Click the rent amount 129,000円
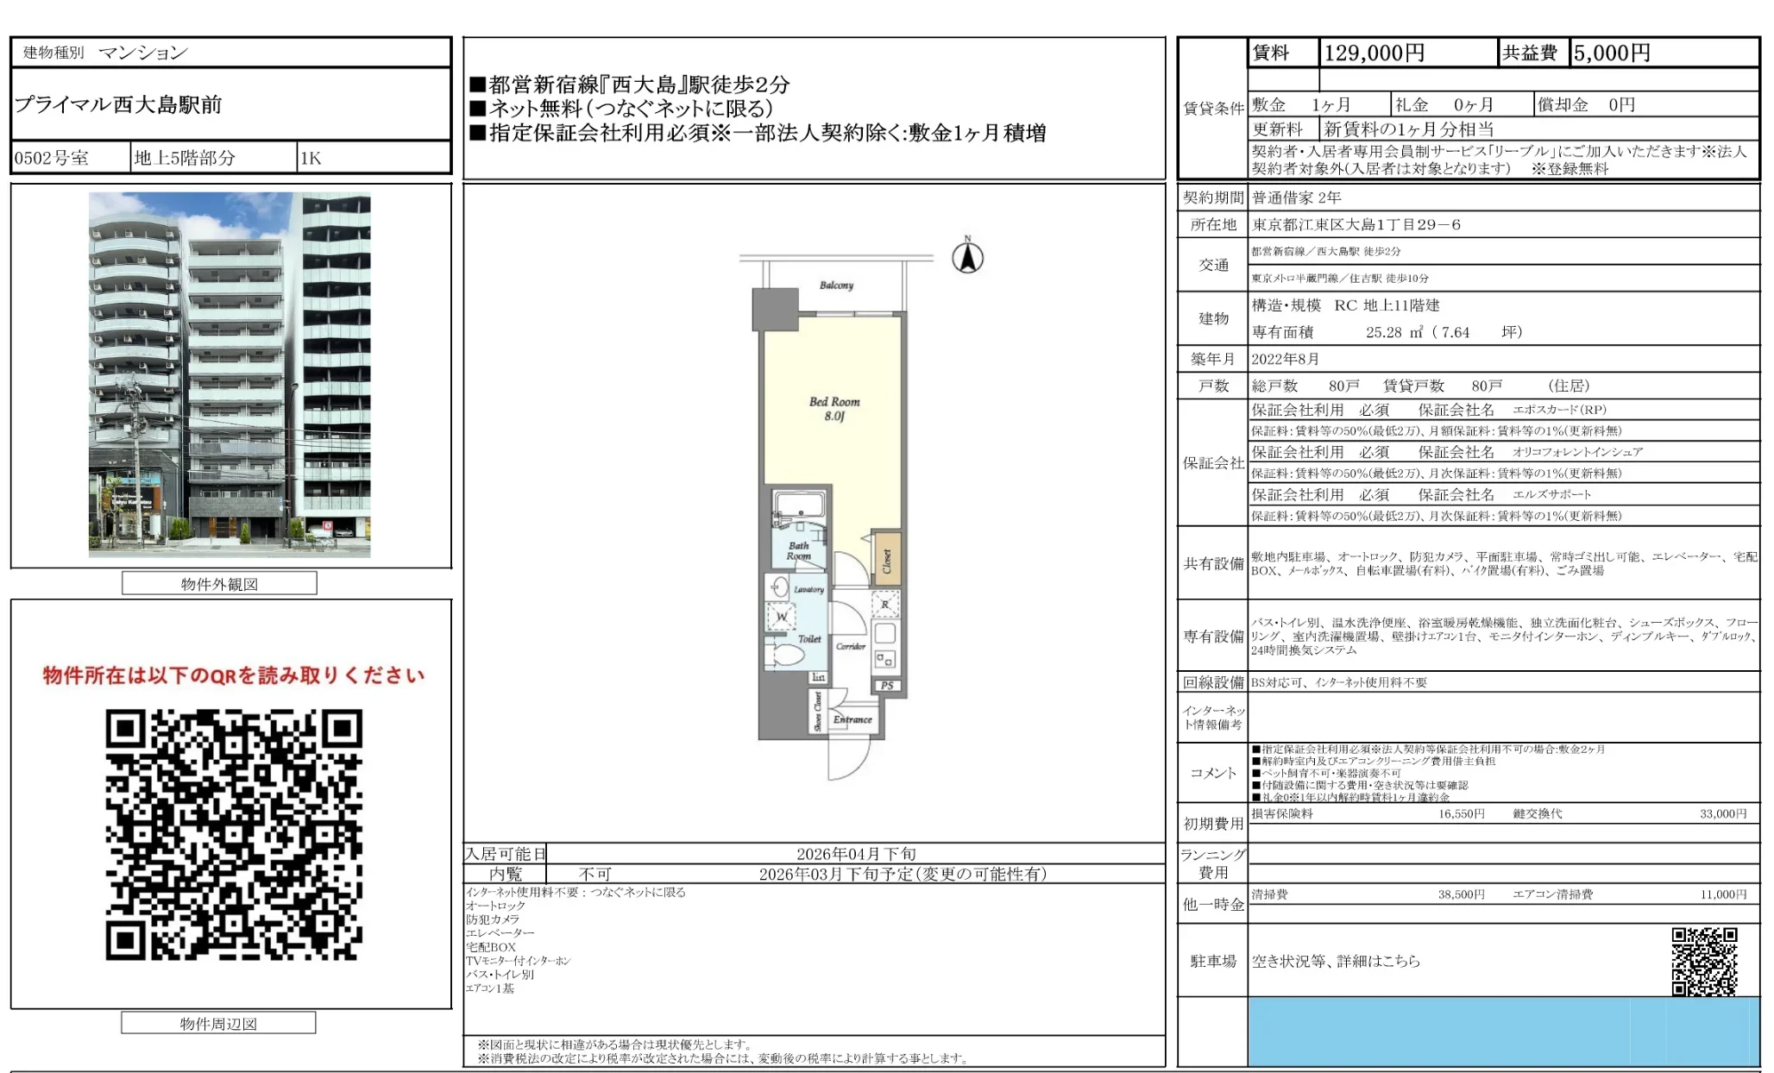point(1374,53)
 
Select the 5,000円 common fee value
point(1611,53)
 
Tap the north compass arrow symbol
point(967,257)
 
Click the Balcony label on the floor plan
point(836,286)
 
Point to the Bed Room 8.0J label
point(834,409)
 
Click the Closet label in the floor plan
point(886,561)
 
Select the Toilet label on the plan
point(809,639)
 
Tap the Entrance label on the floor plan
point(852,719)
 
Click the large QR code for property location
point(234,834)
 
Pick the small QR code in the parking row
point(1704,961)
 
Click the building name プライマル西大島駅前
point(118,105)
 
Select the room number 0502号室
point(52,158)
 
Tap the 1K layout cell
point(311,158)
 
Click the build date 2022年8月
point(1285,359)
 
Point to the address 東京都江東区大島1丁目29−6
point(1356,225)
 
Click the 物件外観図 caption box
point(219,584)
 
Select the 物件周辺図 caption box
point(218,1024)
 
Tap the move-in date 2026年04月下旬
point(856,854)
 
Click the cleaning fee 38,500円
point(1461,894)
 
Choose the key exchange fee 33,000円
point(1722,813)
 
